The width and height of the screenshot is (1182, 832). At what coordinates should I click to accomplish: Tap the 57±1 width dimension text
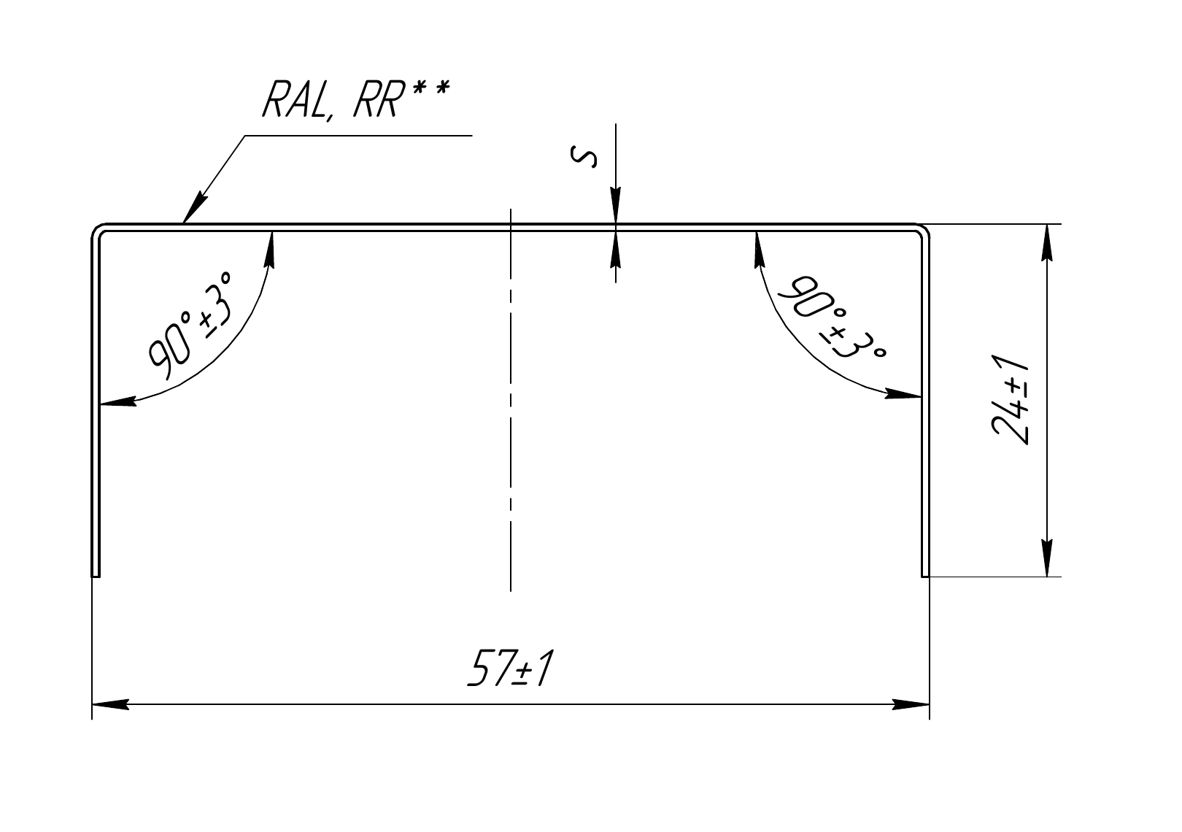511,669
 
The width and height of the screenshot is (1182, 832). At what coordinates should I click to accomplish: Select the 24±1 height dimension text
1011,400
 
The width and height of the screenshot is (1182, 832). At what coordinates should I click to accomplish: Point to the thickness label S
584,157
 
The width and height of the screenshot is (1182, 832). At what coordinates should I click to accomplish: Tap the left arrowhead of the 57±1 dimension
110,704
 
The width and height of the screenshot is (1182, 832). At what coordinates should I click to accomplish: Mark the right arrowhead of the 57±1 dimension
911,704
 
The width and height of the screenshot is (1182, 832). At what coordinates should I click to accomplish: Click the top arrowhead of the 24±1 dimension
1048,242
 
